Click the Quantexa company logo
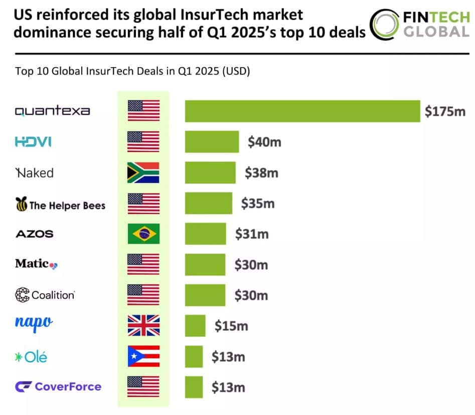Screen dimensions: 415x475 52,111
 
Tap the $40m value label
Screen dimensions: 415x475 264,142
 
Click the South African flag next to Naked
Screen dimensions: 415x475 143,172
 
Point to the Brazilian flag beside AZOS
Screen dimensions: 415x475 143,234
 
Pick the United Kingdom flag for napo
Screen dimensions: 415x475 143,325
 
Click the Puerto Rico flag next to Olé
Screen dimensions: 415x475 143,356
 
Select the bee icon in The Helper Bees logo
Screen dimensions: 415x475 21,204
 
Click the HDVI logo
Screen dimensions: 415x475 33,142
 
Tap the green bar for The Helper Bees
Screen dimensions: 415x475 208,203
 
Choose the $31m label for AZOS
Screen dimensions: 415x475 252,234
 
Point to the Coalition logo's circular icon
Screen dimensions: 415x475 22,295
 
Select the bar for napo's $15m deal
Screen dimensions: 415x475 195,325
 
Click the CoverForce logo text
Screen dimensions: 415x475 68,386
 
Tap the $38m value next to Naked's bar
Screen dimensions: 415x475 261,173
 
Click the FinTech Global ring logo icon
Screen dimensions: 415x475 385,24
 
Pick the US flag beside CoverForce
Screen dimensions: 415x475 143,386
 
